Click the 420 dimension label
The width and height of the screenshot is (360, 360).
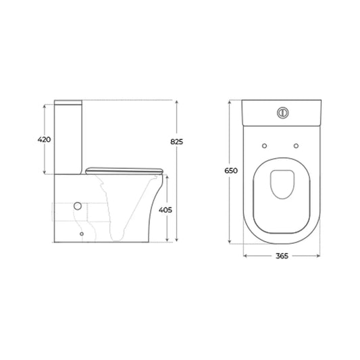pyautogui.click(x=44, y=139)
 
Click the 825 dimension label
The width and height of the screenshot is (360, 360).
pyautogui.click(x=176, y=142)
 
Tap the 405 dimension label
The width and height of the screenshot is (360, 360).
pyautogui.click(x=165, y=210)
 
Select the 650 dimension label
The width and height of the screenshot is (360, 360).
pyautogui.click(x=231, y=171)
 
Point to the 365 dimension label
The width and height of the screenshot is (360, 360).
pyautogui.click(x=282, y=256)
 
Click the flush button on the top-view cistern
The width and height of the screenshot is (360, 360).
pyautogui.click(x=282, y=113)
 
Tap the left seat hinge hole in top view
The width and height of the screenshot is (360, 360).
pyautogui.click(x=265, y=146)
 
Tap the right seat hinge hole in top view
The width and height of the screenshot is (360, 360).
pyautogui.click(x=297, y=146)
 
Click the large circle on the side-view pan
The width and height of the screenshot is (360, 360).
pyautogui.click(x=78, y=206)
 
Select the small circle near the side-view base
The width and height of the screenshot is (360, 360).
pyautogui.click(x=82, y=234)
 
